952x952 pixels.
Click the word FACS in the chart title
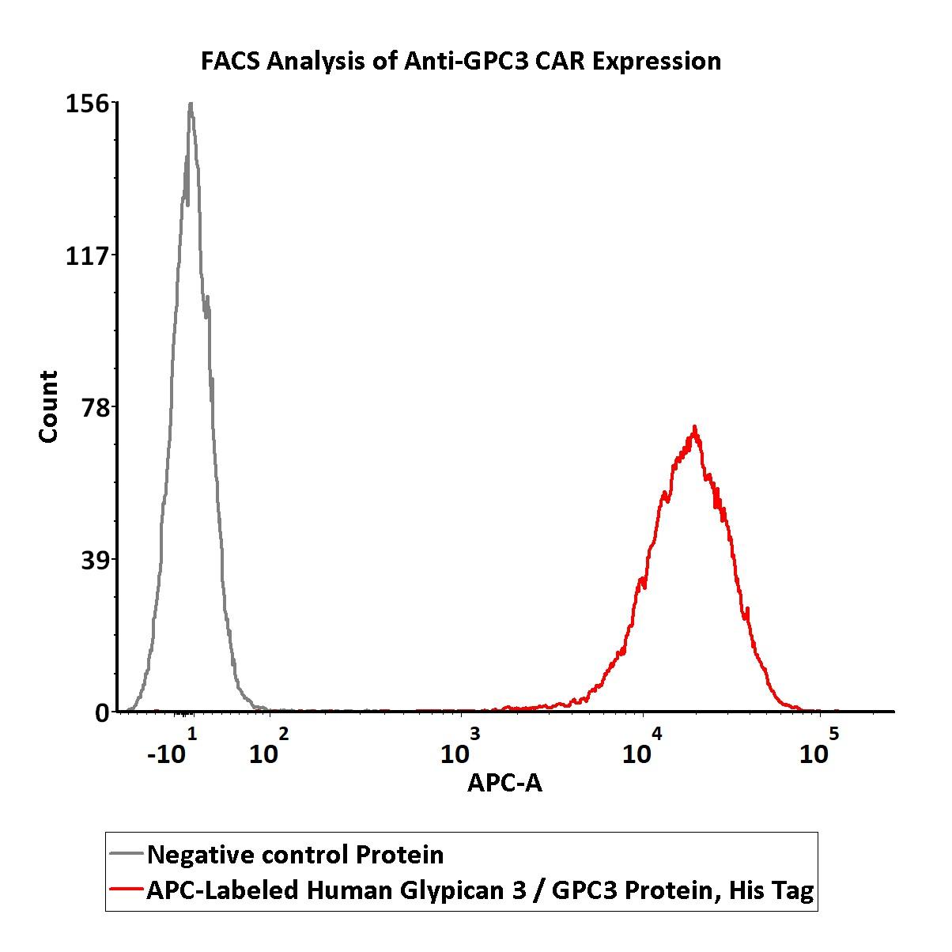(230, 61)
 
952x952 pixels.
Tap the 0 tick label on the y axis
(102, 712)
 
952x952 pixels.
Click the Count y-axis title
(48, 406)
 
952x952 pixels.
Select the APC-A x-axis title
(504, 783)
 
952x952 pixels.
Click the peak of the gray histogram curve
(191, 104)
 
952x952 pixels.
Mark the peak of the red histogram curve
(694, 427)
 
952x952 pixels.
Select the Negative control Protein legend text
(295, 855)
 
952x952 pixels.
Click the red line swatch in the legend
(127, 890)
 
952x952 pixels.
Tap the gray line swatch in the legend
(127, 855)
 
